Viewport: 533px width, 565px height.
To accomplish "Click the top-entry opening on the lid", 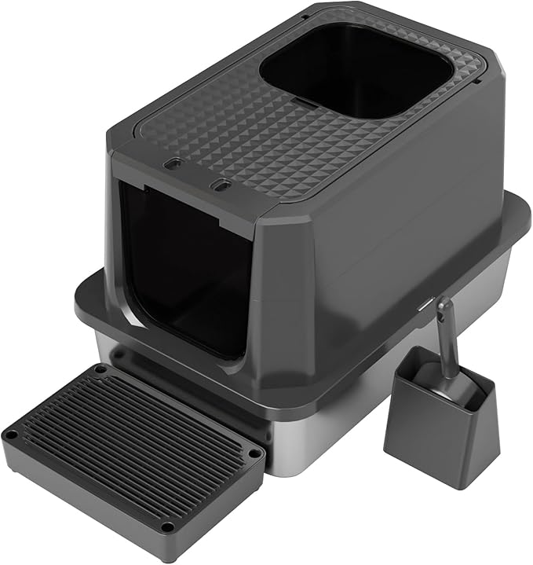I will point(357,72).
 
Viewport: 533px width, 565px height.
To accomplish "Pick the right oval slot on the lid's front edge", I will point(222,185).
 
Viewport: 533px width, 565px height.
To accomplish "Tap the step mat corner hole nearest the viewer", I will point(167,526).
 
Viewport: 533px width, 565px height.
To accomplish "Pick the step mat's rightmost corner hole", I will point(253,453).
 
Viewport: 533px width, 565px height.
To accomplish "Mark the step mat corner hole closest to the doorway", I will point(100,368).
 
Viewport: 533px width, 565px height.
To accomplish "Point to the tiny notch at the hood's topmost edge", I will point(303,16).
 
